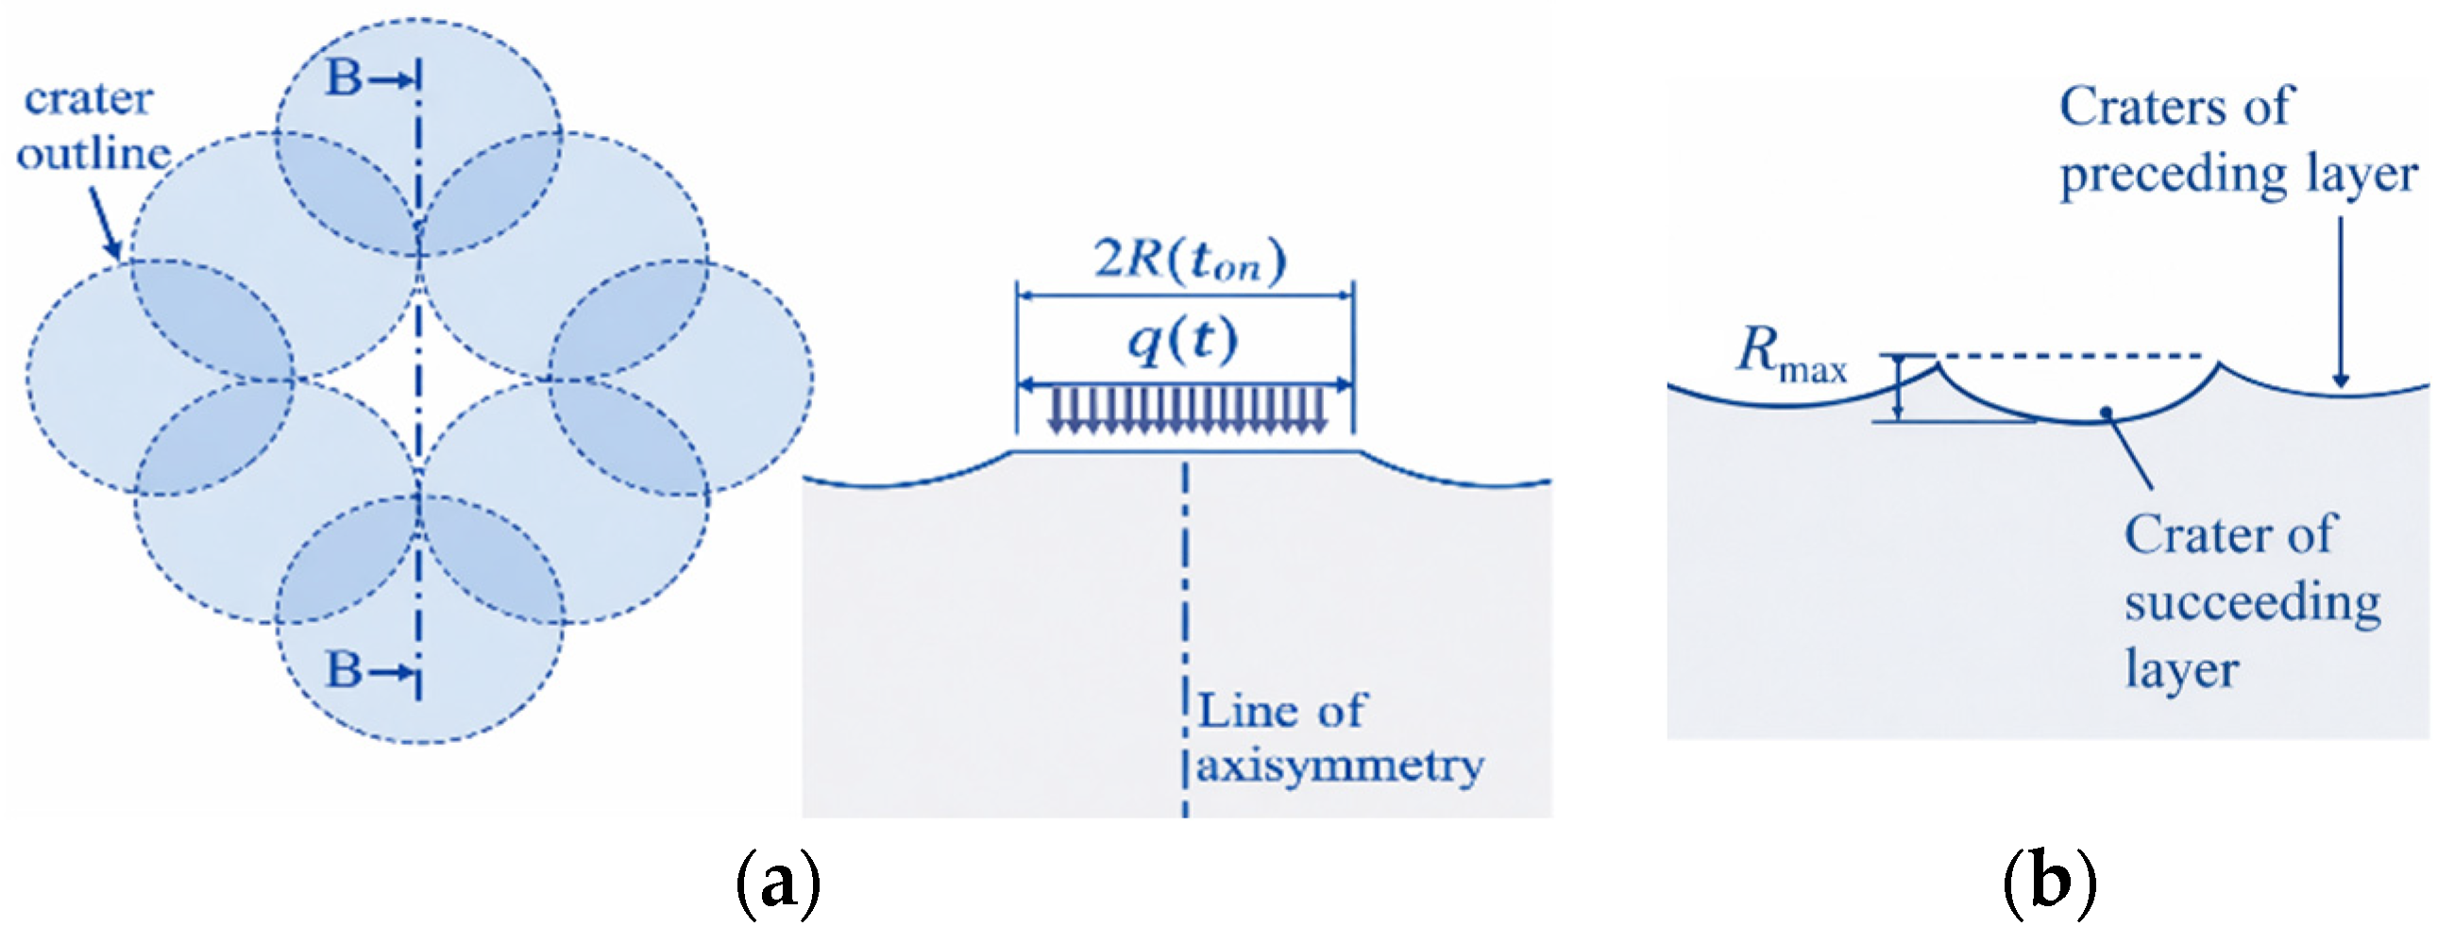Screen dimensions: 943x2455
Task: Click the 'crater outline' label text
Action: pyautogui.click(x=93, y=126)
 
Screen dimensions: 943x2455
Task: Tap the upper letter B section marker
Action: pyautogui.click(x=344, y=77)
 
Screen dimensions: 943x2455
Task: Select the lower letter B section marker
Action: pyautogui.click(x=344, y=668)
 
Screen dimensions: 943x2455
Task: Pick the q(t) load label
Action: pyautogui.click(x=1183, y=340)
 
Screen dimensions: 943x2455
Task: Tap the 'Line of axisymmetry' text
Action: pyautogui.click(x=1338, y=738)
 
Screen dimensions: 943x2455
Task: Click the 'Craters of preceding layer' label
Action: pyautogui.click(x=2237, y=140)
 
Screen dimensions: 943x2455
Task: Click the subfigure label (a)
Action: pyautogui.click(x=778, y=883)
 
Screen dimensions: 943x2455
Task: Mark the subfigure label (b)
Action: pyautogui.click(x=2048, y=883)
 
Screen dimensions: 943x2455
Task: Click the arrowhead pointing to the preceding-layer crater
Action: pyautogui.click(x=2340, y=380)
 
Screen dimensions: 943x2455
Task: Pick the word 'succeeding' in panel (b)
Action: pyautogui.click(x=2252, y=602)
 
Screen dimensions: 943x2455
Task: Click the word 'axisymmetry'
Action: pyautogui.click(x=1339, y=765)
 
